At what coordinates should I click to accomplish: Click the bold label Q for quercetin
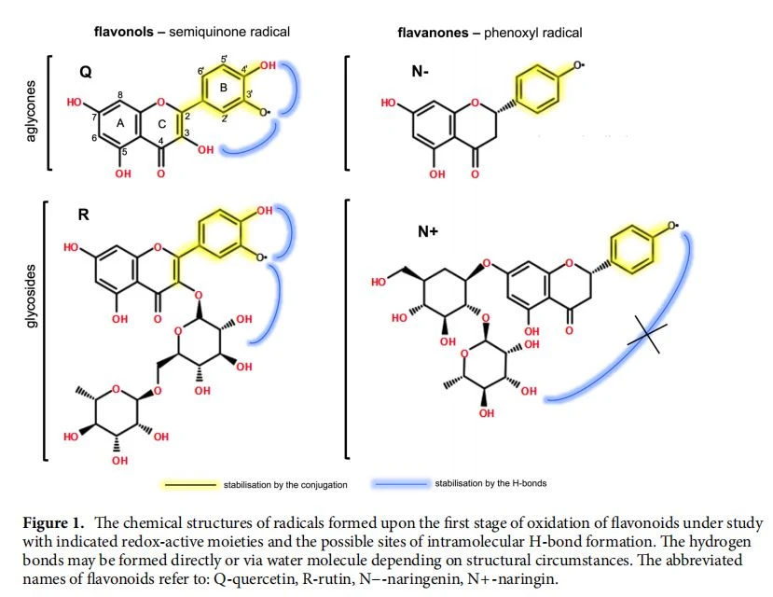click(x=85, y=72)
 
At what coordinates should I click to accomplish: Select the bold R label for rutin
click(x=83, y=215)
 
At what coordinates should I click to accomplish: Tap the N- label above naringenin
click(x=420, y=72)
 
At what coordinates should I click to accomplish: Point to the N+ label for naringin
click(x=427, y=231)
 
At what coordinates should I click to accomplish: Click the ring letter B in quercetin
click(x=224, y=88)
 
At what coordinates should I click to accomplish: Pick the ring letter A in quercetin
click(x=120, y=124)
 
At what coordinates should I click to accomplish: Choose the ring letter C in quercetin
click(x=161, y=124)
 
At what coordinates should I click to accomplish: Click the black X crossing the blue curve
click(x=647, y=335)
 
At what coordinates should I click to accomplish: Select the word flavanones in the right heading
click(x=433, y=33)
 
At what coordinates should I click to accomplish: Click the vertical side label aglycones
click(x=31, y=111)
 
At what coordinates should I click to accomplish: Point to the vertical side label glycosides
click(x=31, y=296)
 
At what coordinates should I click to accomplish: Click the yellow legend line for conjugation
click(x=190, y=485)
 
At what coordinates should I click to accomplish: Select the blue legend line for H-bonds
click(x=401, y=484)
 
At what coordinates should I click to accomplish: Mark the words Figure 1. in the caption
click(x=54, y=523)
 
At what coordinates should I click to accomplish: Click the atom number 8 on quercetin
click(x=120, y=94)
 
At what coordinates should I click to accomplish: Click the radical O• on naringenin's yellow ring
click(x=579, y=65)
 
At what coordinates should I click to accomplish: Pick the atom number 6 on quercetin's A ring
click(x=94, y=138)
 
